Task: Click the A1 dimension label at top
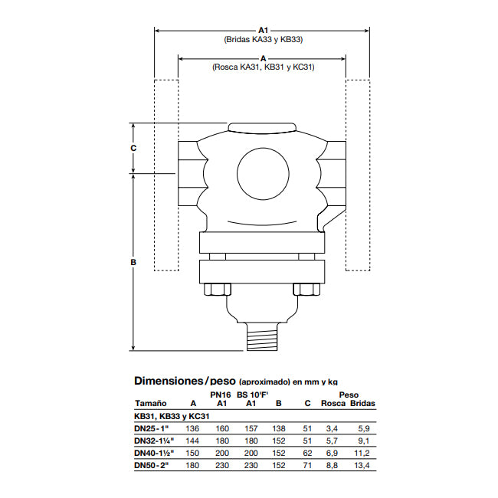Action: (x=263, y=30)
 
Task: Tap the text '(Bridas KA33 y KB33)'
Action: (x=264, y=39)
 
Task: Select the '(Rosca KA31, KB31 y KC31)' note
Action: (x=264, y=67)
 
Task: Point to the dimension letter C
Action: (x=133, y=148)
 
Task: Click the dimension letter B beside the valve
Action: (x=133, y=262)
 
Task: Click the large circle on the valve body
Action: (x=263, y=173)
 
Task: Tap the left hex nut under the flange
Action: (x=218, y=290)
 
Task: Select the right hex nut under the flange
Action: (x=306, y=290)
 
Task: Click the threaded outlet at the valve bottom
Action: (x=262, y=337)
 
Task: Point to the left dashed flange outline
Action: (x=166, y=175)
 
